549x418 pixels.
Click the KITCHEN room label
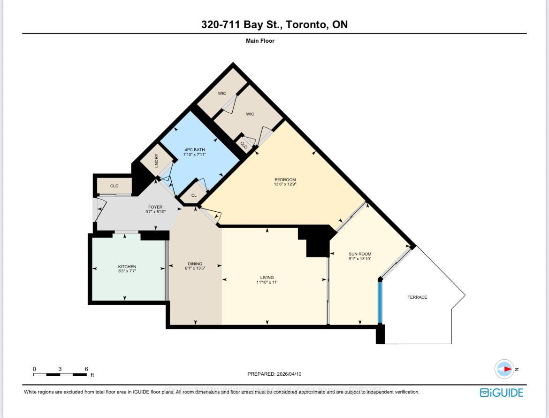pyautogui.click(x=127, y=267)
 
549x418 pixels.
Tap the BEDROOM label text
pyautogui.click(x=285, y=180)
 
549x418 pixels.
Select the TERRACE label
pyautogui.click(x=417, y=297)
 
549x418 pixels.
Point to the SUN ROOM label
pyautogui.click(x=360, y=254)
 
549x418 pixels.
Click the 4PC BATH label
pyautogui.click(x=194, y=150)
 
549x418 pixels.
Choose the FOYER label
pyautogui.click(x=155, y=207)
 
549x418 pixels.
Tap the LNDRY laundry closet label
pyautogui.click(x=157, y=161)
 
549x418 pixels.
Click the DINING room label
pyautogui.click(x=195, y=264)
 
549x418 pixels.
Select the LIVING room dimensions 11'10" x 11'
pyautogui.click(x=267, y=282)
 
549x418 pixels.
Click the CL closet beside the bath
pyautogui.click(x=194, y=195)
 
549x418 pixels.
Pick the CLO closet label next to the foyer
pyautogui.click(x=114, y=186)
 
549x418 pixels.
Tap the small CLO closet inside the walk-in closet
pyautogui.click(x=244, y=146)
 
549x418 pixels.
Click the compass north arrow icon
pyautogui.click(x=505, y=369)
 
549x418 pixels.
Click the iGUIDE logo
pyautogui.click(x=501, y=393)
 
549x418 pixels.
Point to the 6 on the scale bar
pyautogui.click(x=86, y=369)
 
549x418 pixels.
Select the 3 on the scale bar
pyautogui.click(x=60, y=369)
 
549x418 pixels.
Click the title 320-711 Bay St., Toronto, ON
pyautogui.click(x=274, y=25)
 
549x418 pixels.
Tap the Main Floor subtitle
pyautogui.click(x=260, y=41)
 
